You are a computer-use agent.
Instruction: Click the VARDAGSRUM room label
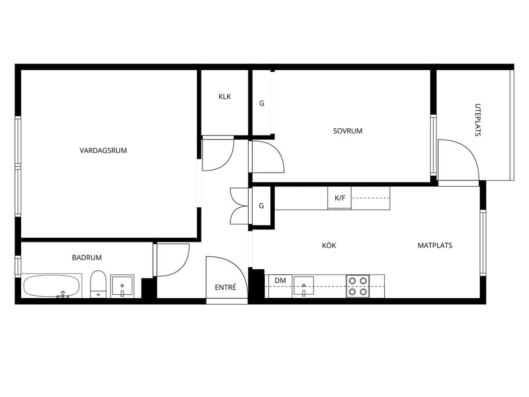click(x=103, y=150)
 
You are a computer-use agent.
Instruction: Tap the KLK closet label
click(x=225, y=97)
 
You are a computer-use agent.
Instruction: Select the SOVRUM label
click(x=348, y=131)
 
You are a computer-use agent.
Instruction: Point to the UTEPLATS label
click(x=477, y=120)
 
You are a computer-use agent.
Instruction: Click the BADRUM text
click(x=87, y=257)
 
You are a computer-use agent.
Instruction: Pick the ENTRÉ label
click(x=225, y=287)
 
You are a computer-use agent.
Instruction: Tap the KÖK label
click(x=329, y=246)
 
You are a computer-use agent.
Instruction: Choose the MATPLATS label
click(x=435, y=246)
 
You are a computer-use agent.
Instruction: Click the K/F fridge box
click(x=339, y=198)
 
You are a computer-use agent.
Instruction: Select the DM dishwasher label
click(x=280, y=281)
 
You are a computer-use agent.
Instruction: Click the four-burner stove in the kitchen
click(x=357, y=286)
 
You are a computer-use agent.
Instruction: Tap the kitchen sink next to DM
click(x=304, y=286)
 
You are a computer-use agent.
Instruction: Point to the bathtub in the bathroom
click(x=52, y=286)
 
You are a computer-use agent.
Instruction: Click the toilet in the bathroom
click(x=98, y=284)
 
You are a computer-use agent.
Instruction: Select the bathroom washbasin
click(x=122, y=286)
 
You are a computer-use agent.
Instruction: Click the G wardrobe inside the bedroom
click(x=262, y=103)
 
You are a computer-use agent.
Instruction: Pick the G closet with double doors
click(x=261, y=206)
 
